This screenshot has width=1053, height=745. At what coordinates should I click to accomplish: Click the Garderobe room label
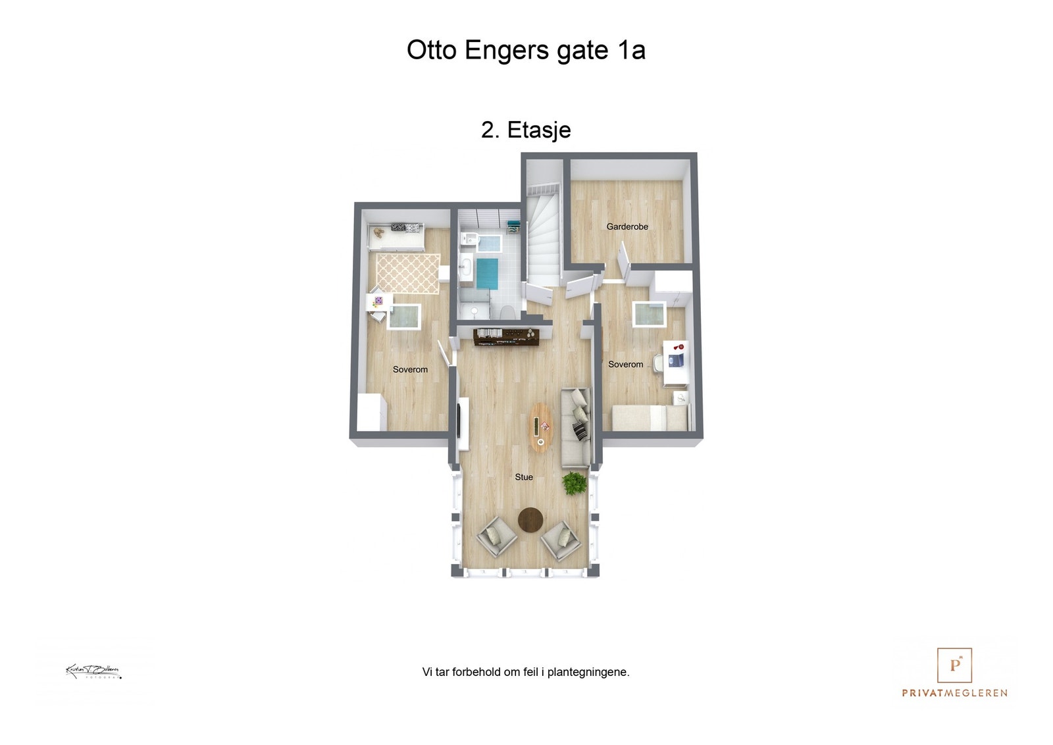pos(627,226)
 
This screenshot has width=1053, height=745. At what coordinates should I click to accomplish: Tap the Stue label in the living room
pos(524,477)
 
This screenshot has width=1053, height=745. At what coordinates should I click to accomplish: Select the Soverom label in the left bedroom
pos(410,370)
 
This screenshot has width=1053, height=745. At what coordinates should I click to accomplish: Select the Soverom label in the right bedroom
pos(625,365)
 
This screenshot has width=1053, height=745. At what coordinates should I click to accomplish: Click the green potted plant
pos(575,483)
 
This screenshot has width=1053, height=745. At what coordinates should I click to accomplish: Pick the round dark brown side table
pos(530,520)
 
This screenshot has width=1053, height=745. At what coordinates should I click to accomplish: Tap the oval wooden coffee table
pos(541,428)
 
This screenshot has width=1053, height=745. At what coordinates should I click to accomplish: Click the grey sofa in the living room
pos(575,428)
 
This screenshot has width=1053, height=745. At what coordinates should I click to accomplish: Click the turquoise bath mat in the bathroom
pos(488,273)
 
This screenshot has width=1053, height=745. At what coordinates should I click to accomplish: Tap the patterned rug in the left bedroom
pos(408,273)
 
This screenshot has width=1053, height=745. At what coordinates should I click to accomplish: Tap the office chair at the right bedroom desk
pos(658,363)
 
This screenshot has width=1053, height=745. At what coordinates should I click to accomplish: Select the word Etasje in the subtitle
pos(538,130)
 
